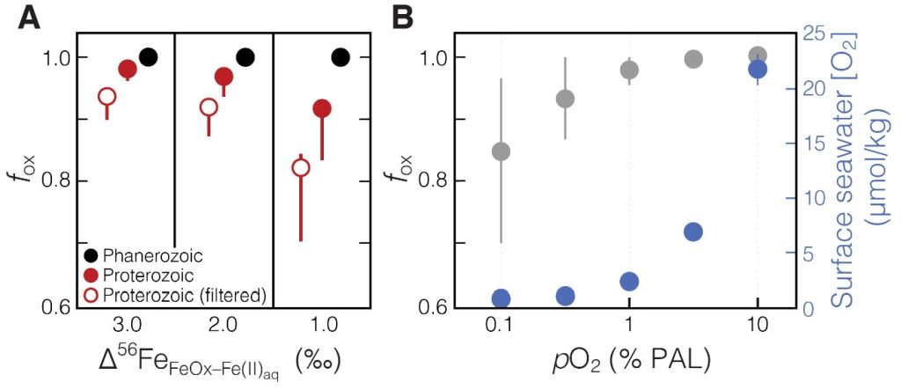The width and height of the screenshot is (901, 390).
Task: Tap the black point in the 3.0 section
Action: point(148,57)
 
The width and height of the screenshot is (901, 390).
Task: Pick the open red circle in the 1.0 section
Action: point(301,167)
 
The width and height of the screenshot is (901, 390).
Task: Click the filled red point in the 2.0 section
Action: point(223,77)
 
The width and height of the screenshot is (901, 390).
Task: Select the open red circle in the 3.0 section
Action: point(106,96)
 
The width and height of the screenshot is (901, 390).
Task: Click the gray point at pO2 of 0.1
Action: point(501,151)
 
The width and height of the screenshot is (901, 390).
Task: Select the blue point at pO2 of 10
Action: point(758,69)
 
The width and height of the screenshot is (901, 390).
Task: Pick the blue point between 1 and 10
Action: point(692,232)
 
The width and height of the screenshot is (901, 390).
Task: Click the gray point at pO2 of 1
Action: point(629,70)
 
